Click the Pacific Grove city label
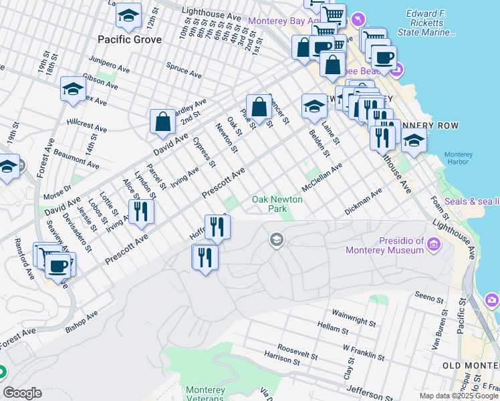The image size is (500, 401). coord(130,40)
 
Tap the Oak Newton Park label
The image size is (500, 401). coord(277,204)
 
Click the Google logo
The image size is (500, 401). coord(22,393)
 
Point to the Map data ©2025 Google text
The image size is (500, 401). coord(459,396)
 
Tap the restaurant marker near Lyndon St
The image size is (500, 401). coord(141,211)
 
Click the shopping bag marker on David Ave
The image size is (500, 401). coord(162,122)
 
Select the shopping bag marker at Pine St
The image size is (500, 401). coord(259,107)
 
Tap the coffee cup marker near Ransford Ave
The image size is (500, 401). coord(59,265)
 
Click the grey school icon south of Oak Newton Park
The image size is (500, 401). coord(277,239)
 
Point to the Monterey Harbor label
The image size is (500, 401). coord(458,158)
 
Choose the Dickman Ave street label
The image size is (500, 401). coord(363,201)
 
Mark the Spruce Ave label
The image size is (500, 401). coord(185,68)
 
